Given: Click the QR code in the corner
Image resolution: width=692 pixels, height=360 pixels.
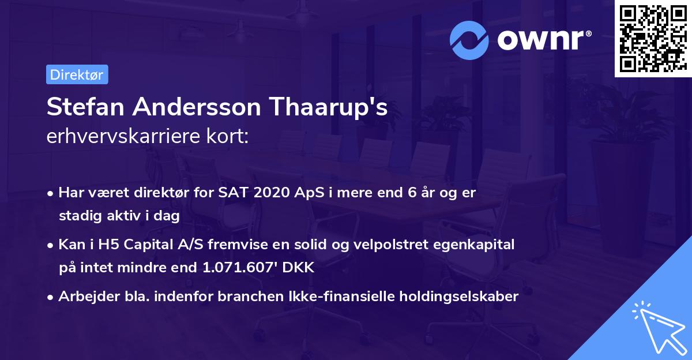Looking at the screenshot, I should click(653, 39).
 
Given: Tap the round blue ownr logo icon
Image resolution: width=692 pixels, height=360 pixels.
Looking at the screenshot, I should click(468, 39).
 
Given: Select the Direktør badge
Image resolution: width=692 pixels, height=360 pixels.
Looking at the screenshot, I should click(77, 74).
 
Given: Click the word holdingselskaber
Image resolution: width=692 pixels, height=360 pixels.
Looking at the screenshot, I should click(453, 297).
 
